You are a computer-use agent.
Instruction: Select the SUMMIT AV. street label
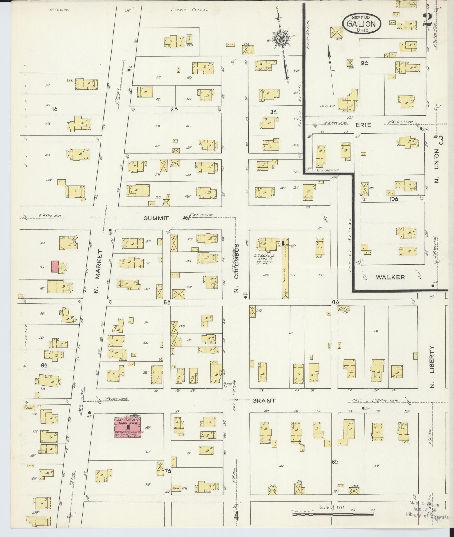(168, 218)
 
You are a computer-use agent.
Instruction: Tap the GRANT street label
(264, 401)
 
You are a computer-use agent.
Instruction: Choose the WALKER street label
(390, 277)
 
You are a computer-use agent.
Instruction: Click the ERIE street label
(364, 125)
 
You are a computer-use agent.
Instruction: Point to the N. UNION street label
(436, 166)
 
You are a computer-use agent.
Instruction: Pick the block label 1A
(55, 109)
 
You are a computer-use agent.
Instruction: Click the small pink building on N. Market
(55, 266)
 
